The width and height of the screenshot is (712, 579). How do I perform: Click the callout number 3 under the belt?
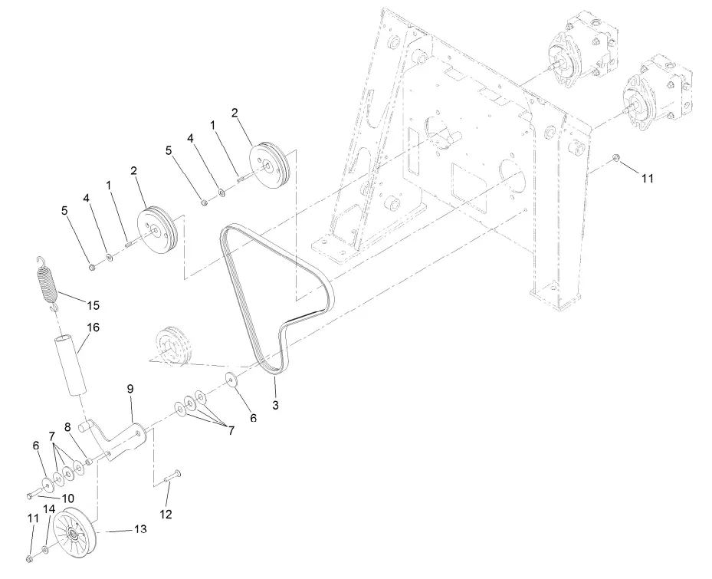275,404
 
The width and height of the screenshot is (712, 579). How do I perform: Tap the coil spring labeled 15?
48,282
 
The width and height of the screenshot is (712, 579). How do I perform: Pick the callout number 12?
166,513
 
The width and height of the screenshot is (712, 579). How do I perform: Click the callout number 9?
130,390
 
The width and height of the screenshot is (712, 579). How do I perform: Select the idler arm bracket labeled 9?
123,437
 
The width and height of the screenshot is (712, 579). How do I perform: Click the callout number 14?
49,508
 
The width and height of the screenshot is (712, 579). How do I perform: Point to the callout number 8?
67,427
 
